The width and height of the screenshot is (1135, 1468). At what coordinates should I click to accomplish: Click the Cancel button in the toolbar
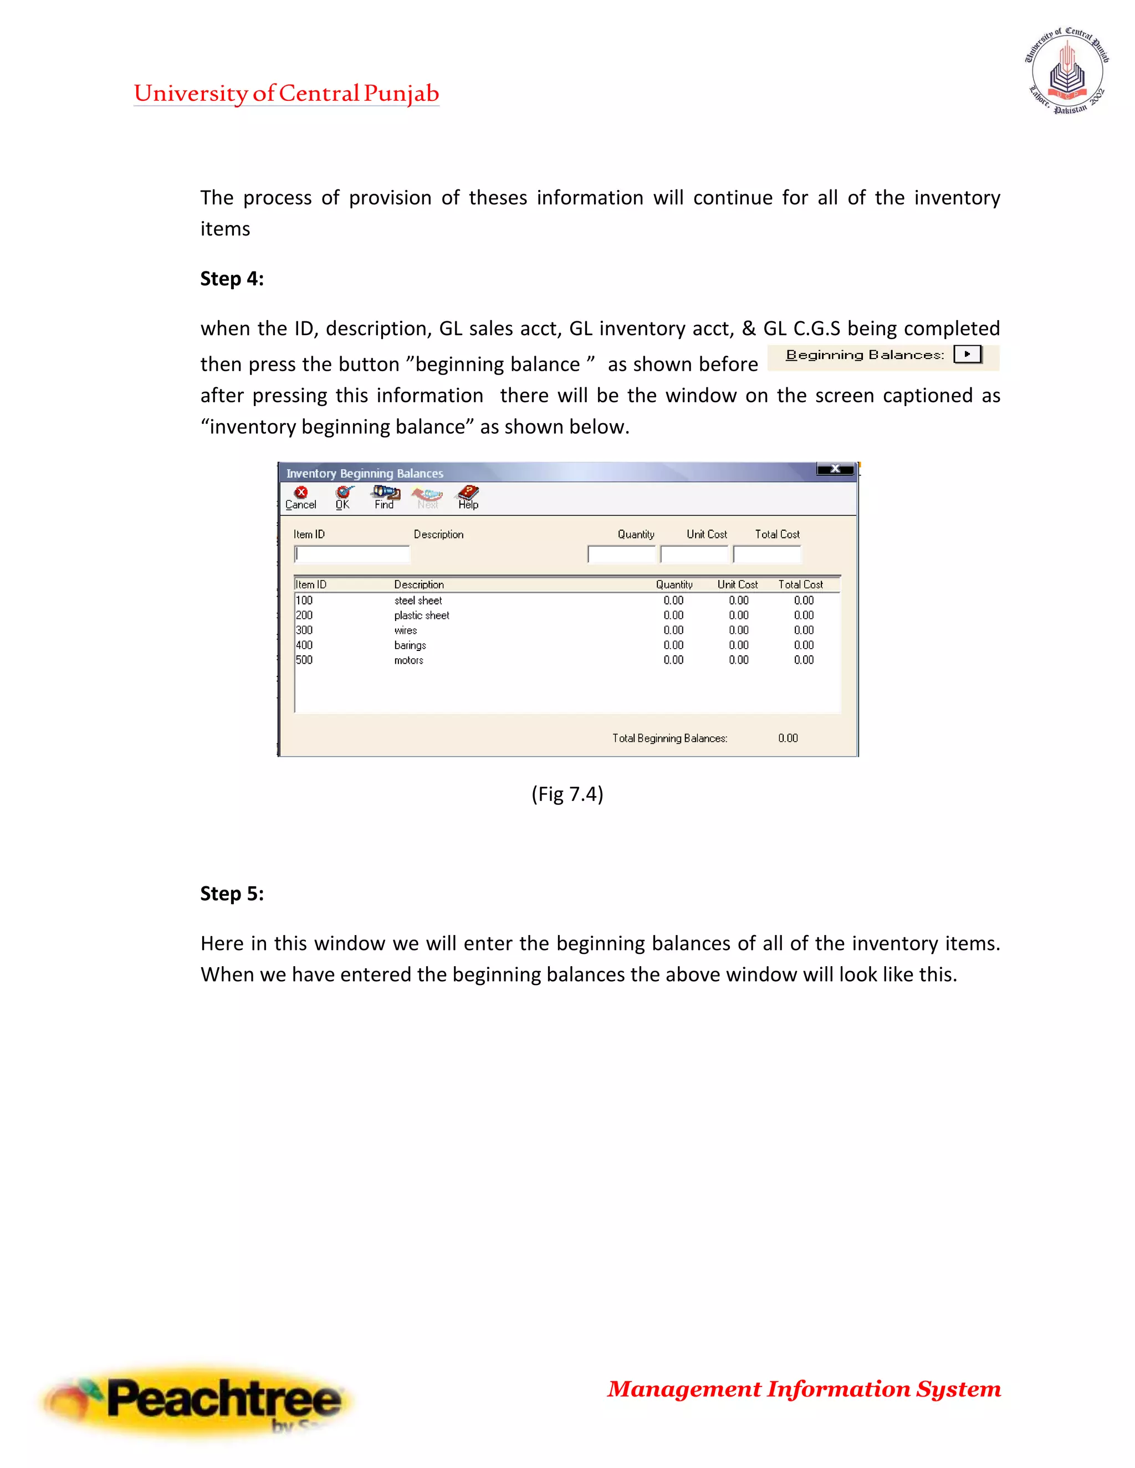pyautogui.click(x=300, y=498)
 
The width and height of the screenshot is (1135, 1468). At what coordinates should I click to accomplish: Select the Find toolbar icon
pyautogui.click(x=385, y=497)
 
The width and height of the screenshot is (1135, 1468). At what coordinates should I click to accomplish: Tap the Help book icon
pyautogui.click(x=468, y=497)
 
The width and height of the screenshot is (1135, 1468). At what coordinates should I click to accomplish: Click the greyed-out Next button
pyautogui.click(x=428, y=498)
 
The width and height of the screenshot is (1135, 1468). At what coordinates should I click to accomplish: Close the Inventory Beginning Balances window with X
pyautogui.click(x=835, y=469)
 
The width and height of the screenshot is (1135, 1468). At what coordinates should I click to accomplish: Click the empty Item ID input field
pyautogui.click(x=352, y=554)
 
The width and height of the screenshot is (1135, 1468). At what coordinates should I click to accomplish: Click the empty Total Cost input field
pyautogui.click(x=767, y=554)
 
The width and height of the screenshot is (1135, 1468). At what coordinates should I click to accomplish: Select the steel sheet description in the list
pyautogui.click(x=418, y=600)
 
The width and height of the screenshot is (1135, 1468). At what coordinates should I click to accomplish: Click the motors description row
pyautogui.click(x=409, y=660)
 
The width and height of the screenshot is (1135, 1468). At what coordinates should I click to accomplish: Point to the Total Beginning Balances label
pyautogui.click(x=669, y=738)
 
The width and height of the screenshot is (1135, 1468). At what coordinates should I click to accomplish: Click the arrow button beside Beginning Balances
pyautogui.click(x=967, y=354)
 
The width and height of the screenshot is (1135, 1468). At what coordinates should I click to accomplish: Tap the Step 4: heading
pyautogui.click(x=232, y=278)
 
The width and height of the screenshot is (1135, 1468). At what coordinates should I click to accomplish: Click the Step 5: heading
pyautogui.click(x=232, y=894)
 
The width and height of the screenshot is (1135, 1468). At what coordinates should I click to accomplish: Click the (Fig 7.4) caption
pyautogui.click(x=567, y=794)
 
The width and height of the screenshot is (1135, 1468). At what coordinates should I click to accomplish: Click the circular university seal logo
pyautogui.click(x=1067, y=70)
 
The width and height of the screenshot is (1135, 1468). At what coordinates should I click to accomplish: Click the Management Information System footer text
pyautogui.click(x=804, y=1389)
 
